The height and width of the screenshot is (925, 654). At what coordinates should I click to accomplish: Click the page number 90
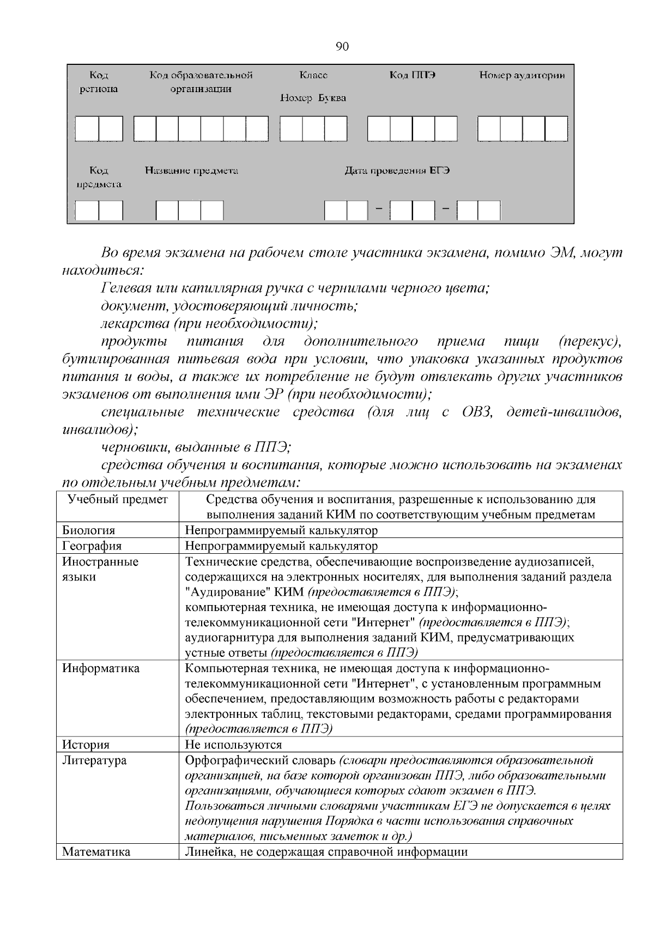[343, 47]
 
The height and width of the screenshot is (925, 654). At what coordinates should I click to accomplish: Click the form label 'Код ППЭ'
[412, 75]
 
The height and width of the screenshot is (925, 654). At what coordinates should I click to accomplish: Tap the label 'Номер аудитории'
[522, 75]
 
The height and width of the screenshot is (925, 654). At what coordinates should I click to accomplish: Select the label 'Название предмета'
[191, 171]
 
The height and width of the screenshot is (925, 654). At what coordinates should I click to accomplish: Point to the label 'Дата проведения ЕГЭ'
[397, 171]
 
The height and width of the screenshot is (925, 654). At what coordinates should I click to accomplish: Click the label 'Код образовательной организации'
[201, 82]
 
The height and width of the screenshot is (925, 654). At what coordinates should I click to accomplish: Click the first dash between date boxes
[379, 209]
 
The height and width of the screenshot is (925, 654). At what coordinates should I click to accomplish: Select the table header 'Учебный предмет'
[117, 499]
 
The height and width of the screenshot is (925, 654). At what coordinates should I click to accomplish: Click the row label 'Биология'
[88, 530]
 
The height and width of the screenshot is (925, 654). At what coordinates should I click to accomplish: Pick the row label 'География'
[92, 546]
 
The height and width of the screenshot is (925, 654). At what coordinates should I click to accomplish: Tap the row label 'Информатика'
[100, 668]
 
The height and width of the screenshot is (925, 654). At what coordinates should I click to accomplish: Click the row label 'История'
[86, 745]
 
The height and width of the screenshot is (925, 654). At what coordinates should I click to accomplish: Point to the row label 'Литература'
[94, 760]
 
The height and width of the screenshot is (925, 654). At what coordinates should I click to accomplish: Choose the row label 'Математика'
[96, 852]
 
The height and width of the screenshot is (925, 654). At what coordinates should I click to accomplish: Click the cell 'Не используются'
[233, 745]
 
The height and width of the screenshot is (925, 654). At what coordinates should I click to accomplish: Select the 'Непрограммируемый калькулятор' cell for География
[281, 546]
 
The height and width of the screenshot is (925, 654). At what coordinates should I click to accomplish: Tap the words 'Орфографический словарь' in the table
[261, 760]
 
